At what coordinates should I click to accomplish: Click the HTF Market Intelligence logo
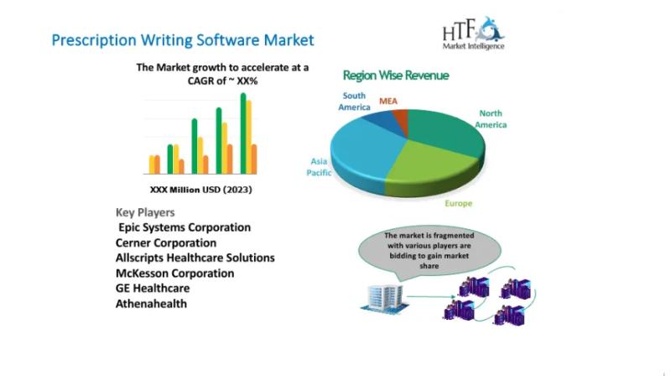click(x=474, y=34)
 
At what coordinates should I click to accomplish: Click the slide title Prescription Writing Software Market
click(x=183, y=40)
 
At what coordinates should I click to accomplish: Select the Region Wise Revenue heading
click(x=396, y=76)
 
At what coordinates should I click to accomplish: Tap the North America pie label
click(x=491, y=119)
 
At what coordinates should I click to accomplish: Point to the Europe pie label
click(x=458, y=203)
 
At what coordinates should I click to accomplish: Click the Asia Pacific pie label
click(x=319, y=167)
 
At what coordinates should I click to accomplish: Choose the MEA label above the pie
click(x=388, y=101)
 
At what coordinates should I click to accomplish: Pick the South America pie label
click(x=354, y=102)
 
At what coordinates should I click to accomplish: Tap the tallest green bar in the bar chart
click(x=243, y=133)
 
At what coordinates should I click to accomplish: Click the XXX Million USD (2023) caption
click(x=200, y=190)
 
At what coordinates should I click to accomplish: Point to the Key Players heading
click(x=145, y=212)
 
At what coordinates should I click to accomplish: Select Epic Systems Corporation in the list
click(x=185, y=227)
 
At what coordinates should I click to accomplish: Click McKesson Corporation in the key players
click(x=174, y=274)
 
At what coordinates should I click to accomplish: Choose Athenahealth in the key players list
click(x=151, y=304)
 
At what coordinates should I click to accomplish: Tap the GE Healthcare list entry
click(x=153, y=288)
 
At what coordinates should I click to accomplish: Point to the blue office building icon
click(x=384, y=297)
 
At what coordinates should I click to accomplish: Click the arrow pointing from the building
click(x=431, y=296)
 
